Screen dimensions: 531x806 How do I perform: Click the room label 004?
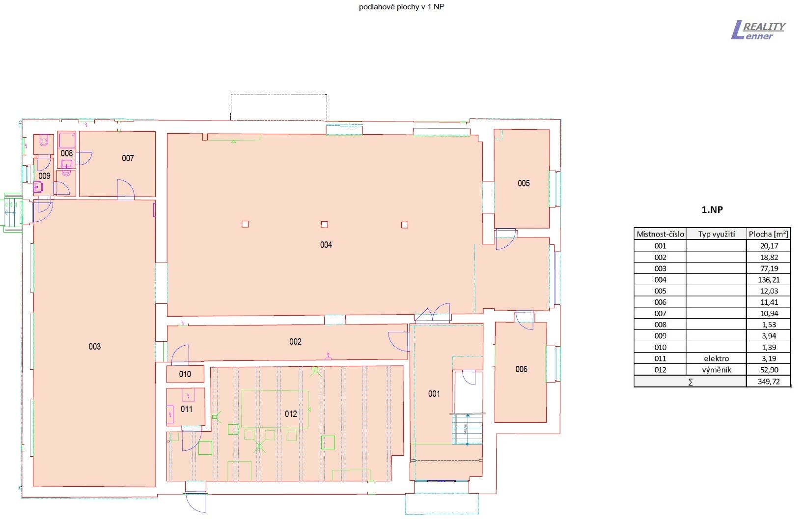[326, 245]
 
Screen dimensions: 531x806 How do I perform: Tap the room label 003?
[95, 347]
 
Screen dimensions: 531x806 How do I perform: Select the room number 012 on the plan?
[291, 414]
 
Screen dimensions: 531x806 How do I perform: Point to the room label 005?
[524, 183]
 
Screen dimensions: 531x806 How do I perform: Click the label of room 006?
[521, 369]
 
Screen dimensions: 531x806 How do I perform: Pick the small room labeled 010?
[185, 374]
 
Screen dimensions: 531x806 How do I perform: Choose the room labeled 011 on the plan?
[187, 409]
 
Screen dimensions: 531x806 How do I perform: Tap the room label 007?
[128, 158]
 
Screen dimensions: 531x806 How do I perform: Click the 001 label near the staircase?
[434, 394]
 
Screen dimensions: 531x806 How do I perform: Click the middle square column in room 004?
[324, 224]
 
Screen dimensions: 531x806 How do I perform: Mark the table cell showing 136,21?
[768, 280]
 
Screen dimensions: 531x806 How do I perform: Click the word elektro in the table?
[716, 358]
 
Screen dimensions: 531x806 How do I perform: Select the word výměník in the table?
[716, 370]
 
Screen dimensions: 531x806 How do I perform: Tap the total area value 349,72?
[768, 382]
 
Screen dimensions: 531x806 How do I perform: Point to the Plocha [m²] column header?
[768, 234]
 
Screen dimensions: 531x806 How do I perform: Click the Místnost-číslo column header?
[660, 234]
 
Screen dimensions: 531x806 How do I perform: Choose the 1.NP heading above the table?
[712, 209]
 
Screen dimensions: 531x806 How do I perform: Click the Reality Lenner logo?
[758, 30]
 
